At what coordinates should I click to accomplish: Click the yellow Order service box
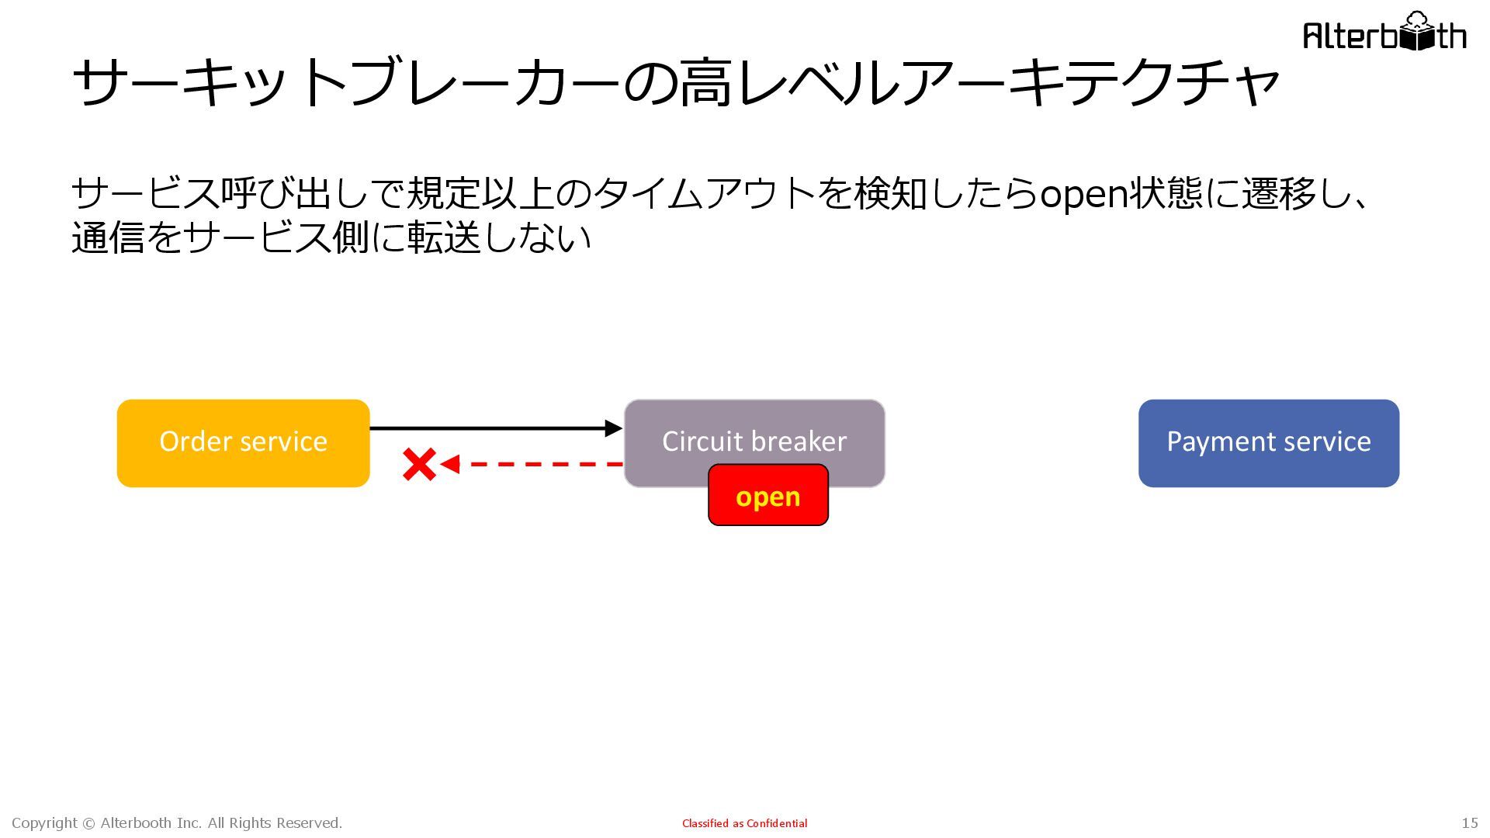point(243,443)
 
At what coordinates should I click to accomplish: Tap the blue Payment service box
point(1268,443)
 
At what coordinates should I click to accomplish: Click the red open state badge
point(768,496)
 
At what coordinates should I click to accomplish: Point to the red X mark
point(419,465)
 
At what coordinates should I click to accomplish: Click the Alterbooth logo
point(1384,33)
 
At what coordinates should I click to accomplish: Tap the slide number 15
point(1469,823)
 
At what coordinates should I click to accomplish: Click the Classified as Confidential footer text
point(744,823)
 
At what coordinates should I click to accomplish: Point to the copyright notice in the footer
point(177,823)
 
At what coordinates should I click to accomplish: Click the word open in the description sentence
point(1083,194)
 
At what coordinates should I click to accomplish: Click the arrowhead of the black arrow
point(613,428)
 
